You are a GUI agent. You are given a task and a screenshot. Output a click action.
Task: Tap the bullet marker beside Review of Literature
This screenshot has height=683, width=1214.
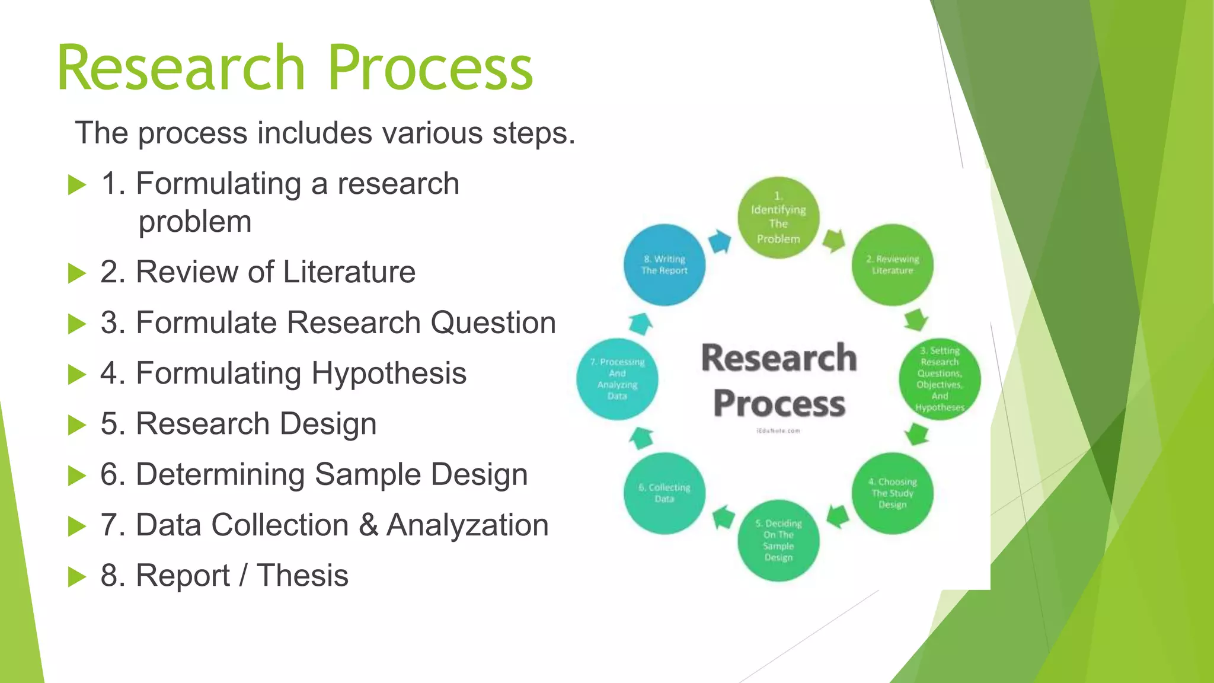click(x=77, y=273)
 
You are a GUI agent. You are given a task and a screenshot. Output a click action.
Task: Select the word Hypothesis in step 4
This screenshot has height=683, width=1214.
click(x=389, y=374)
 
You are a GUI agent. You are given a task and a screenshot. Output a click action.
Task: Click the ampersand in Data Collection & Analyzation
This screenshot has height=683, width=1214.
click(x=368, y=525)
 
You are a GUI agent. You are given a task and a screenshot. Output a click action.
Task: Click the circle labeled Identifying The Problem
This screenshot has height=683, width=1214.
click(x=778, y=218)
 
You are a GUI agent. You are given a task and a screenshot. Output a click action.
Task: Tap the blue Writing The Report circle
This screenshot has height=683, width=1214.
click(x=664, y=265)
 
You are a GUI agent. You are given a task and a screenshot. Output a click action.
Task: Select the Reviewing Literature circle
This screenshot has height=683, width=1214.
click(x=892, y=265)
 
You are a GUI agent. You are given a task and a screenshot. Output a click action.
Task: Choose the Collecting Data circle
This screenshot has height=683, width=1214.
click(x=664, y=493)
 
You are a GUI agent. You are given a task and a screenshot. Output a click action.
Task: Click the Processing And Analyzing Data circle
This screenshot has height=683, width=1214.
click(x=617, y=379)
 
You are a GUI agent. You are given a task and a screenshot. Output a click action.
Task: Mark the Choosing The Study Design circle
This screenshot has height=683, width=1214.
click(x=892, y=493)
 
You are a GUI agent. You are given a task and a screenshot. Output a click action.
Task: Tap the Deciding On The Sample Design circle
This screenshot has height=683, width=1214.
click(x=778, y=540)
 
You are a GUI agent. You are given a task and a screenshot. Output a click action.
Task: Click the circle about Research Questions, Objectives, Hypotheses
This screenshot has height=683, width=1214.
click(x=940, y=379)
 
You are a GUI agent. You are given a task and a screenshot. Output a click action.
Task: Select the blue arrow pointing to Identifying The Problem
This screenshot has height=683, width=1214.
click(x=721, y=241)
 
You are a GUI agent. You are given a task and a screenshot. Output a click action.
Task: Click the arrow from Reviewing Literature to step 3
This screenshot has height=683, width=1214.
click(x=916, y=320)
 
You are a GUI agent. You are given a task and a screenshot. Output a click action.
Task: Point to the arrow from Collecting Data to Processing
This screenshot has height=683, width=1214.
click(x=641, y=438)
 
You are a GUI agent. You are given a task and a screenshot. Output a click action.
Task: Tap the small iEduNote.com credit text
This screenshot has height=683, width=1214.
click(x=778, y=431)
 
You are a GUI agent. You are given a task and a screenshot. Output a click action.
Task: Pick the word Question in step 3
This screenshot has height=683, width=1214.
click(x=493, y=323)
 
